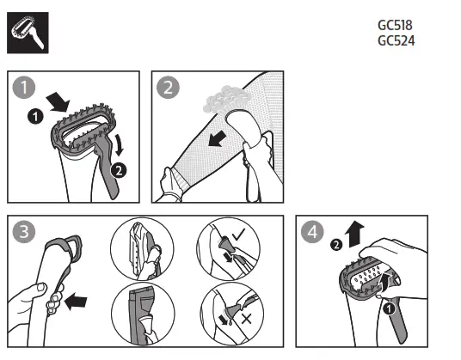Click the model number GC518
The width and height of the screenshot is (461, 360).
pos(395,26)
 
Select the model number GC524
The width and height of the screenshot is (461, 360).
pos(395,40)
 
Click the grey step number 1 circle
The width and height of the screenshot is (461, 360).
pos(23,88)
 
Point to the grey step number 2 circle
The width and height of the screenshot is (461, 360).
pos(169,88)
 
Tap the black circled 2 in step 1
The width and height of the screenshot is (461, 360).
pos(119,170)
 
